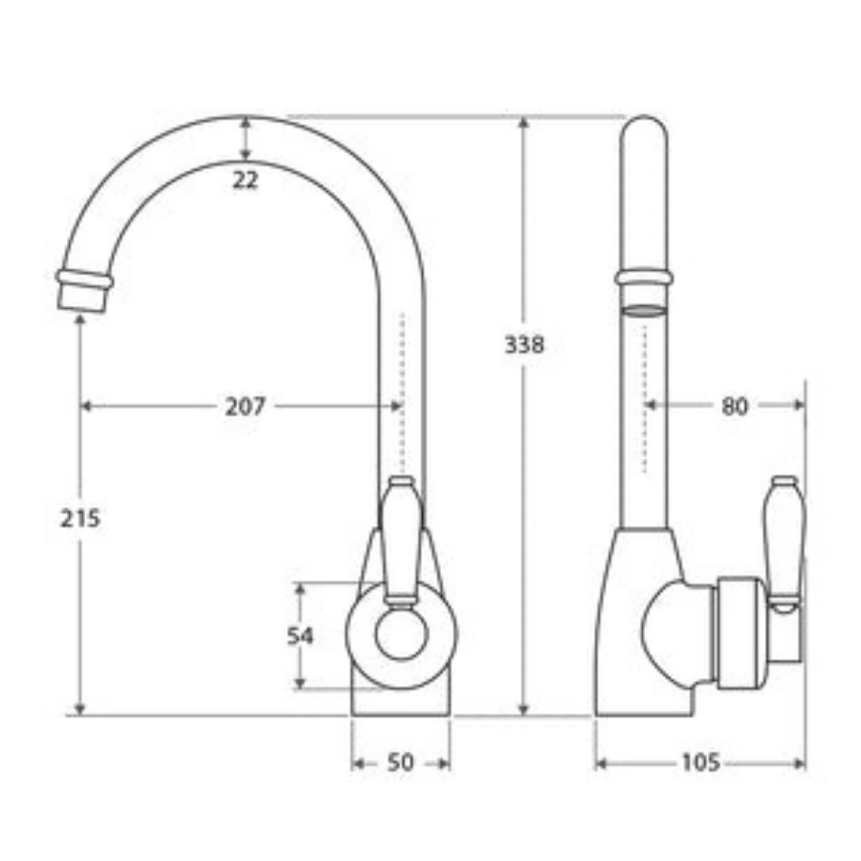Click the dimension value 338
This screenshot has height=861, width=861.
pyautogui.click(x=524, y=344)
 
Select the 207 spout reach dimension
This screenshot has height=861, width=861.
pyautogui.click(x=246, y=406)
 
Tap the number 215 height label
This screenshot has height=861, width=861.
pyautogui.click(x=80, y=519)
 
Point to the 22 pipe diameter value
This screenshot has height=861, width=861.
pyautogui.click(x=246, y=179)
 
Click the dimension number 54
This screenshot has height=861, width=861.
pyautogui.click(x=301, y=635)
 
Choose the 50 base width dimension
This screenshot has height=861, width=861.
pyautogui.click(x=401, y=762)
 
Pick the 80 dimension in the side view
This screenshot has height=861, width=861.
pyautogui.click(x=734, y=406)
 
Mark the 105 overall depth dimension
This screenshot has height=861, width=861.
pyautogui.click(x=700, y=762)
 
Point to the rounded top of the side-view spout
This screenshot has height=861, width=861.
pyautogui.click(x=644, y=129)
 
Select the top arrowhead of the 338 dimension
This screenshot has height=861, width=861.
pyautogui.click(x=523, y=123)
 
